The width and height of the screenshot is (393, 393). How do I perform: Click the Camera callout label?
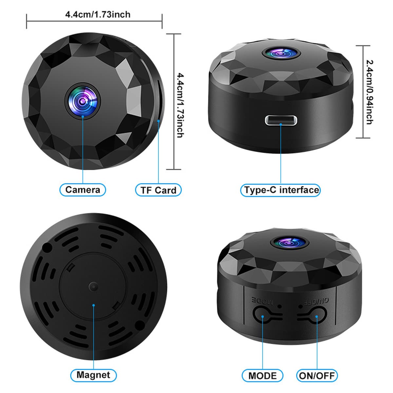(83, 190)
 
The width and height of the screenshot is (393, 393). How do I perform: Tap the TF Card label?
(158, 190)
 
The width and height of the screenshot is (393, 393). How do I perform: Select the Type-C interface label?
(280, 190)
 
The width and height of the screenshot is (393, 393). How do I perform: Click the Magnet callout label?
(93, 375)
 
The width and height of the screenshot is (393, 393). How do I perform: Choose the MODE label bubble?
(262, 375)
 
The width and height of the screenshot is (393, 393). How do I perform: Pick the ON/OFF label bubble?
(317, 375)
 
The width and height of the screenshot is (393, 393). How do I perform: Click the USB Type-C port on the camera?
(281, 120)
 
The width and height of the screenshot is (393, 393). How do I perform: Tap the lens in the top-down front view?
(83, 101)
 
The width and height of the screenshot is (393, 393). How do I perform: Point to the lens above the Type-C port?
(281, 53)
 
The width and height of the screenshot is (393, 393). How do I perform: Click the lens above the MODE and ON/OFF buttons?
(290, 243)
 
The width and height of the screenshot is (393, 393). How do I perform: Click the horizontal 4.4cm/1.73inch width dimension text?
(98, 14)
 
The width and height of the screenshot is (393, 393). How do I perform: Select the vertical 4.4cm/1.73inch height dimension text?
(180, 105)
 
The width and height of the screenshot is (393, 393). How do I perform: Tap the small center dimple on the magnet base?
(93, 287)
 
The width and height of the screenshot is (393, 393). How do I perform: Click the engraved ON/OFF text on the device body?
(316, 302)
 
